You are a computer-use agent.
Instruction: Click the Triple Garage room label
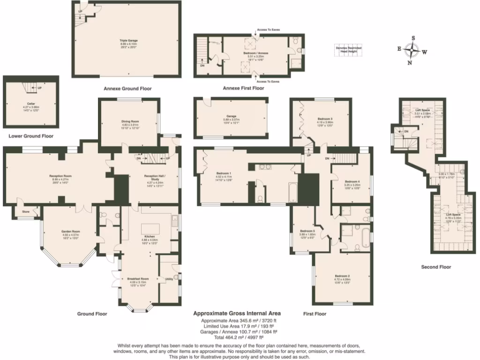click(126, 41)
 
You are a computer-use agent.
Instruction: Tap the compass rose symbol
click(411, 50)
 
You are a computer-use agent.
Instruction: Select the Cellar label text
click(31, 105)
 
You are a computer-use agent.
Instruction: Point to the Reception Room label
click(60, 176)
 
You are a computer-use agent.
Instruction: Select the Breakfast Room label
click(137, 279)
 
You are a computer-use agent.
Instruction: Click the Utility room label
click(169, 279)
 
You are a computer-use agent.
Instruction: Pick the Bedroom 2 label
click(342, 276)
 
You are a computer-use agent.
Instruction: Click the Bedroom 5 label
click(307, 232)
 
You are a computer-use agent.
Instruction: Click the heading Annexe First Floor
click(243, 88)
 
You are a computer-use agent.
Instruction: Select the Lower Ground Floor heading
click(31, 136)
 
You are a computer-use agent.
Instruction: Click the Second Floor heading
click(436, 267)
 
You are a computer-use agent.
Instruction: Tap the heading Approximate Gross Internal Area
click(237, 313)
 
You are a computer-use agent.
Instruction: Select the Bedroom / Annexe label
click(256, 53)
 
